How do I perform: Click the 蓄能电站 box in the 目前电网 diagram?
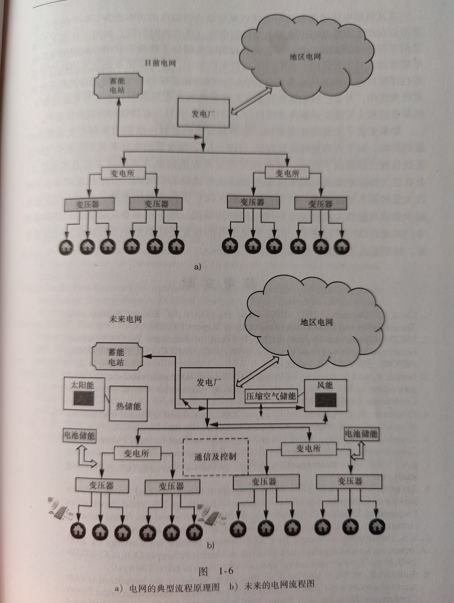click(117, 86)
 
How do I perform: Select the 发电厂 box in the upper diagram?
click(204, 114)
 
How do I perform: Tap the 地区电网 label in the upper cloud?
click(305, 57)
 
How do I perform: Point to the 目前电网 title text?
click(160, 63)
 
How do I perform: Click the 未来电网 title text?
click(125, 319)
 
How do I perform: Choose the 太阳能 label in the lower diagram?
click(82, 385)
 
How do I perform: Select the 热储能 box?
click(129, 405)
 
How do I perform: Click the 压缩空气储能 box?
click(271, 396)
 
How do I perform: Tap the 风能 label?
click(325, 385)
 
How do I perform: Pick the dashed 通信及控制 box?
click(215, 456)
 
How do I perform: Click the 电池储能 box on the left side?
click(79, 435)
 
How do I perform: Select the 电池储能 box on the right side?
click(361, 433)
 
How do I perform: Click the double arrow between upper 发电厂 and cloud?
click(252, 101)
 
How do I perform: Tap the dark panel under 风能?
click(325, 400)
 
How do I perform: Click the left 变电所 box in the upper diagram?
click(122, 173)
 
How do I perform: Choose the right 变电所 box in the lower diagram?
click(308, 448)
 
